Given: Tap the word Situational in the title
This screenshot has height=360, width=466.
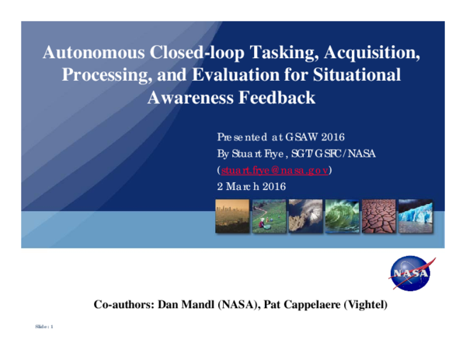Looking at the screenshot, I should tap(350, 76).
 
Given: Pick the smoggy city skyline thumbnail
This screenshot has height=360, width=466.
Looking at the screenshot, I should tap(232, 216).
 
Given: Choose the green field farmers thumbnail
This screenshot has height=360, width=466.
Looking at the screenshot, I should tap(268, 216).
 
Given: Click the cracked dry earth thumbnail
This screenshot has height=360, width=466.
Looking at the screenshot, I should tap(378, 216).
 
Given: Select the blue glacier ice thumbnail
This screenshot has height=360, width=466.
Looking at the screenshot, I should tap(415, 216).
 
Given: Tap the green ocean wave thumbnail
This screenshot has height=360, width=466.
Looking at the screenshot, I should tap(342, 216).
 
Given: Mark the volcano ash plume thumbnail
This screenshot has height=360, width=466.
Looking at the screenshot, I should tap(304, 216).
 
